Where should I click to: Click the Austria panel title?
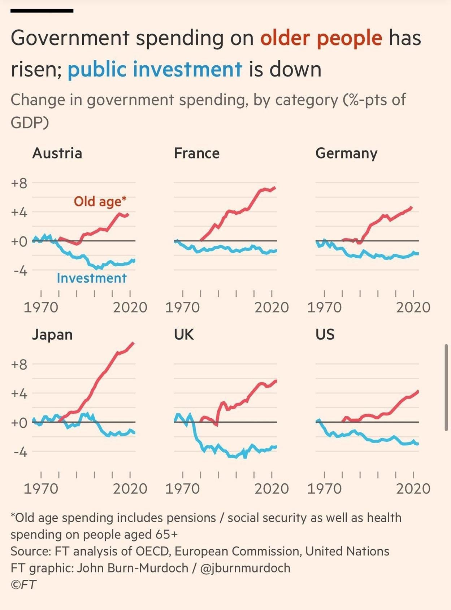coord(57,153)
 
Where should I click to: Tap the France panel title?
coord(196,153)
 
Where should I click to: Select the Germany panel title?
coord(346,154)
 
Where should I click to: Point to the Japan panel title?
coord(52,335)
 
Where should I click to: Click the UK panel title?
coord(184,335)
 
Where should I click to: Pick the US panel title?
coord(325,335)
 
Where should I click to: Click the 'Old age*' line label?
coord(100,201)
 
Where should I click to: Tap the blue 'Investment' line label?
coord(92,278)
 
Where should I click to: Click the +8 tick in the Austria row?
coord(19,183)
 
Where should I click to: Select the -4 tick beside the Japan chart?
coord(20,452)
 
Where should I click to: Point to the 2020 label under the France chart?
coord(272,308)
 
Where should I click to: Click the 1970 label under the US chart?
coord(324,489)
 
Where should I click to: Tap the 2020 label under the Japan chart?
coord(130,489)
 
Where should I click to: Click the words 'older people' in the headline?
coord(321,38)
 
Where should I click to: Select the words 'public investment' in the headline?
coord(155,69)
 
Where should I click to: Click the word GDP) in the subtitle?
coord(30,123)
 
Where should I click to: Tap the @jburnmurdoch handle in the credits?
coord(245,568)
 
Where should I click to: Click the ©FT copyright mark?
coord(23,584)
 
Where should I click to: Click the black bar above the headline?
coord(42,11)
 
